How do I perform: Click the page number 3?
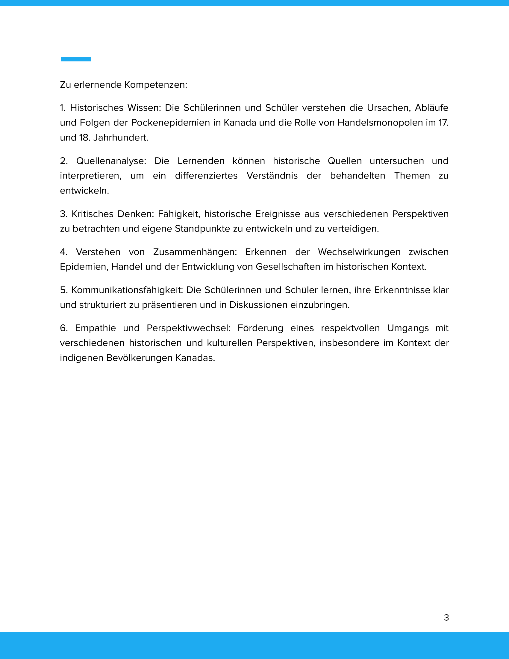(446, 618)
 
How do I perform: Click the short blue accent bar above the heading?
(76, 59)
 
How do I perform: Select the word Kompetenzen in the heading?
(156, 85)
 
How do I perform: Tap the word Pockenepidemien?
(170, 123)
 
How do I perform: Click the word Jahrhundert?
(121, 138)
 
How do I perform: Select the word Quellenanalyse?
(111, 161)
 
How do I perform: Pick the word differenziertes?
(206, 176)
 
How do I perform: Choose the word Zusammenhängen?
(195, 252)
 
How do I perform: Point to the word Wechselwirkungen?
(359, 252)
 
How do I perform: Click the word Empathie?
(95, 328)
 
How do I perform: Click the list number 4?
(63, 252)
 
